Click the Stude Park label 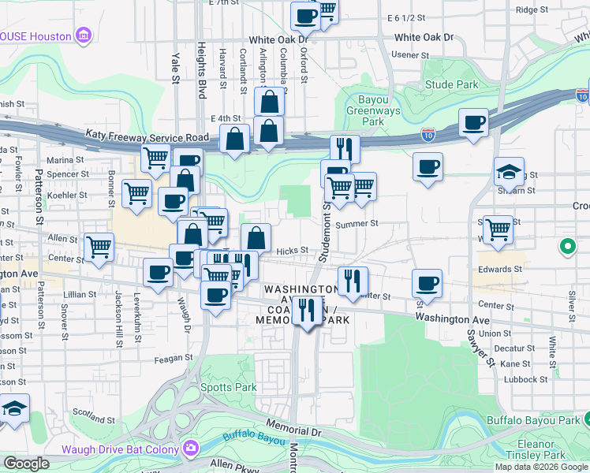click(451, 84)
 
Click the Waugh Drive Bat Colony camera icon click(190, 449)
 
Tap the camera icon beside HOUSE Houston click(83, 35)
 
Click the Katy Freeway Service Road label click(159, 137)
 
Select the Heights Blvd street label click(202, 69)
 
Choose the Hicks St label click(292, 251)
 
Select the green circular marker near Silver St click(566, 248)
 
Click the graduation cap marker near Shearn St click(509, 172)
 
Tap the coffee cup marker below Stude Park click(473, 123)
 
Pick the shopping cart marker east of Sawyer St click(498, 229)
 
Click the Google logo click(27, 464)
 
